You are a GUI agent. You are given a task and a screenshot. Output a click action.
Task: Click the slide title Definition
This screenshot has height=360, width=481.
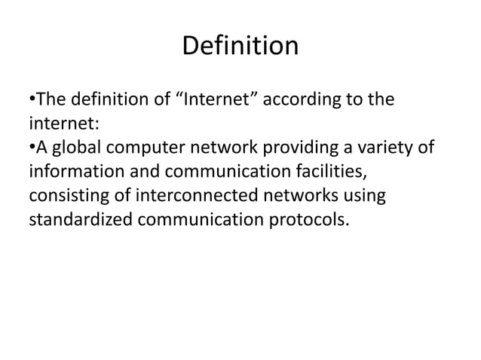point(240,47)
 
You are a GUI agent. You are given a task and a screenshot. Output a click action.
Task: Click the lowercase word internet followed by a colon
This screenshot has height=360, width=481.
point(60,123)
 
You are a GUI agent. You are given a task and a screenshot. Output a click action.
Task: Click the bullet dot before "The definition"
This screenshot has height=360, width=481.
point(32,99)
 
